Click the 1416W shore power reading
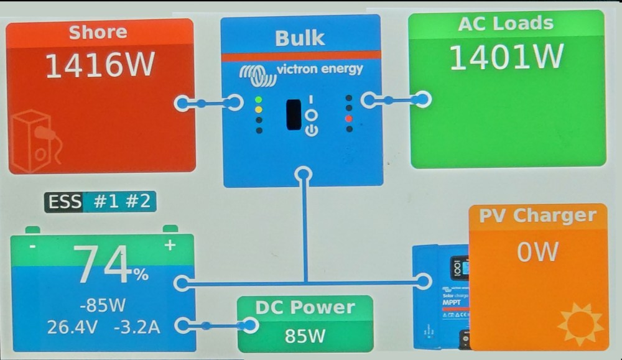coord(100,67)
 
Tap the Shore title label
coord(98,32)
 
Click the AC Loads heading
coord(506,24)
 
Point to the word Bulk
coord(300,38)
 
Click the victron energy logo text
coord(319,69)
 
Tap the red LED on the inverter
coord(349,119)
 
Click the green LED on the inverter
coord(259,99)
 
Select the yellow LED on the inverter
coord(259,109)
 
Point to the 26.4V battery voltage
coord(72,326)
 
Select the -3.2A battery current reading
coord(137,326)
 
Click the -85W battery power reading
coord(103,305)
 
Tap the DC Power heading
coord(305,308)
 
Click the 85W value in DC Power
coord(305,336)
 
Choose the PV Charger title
coord(537,216)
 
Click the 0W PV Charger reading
coord(537,252)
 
